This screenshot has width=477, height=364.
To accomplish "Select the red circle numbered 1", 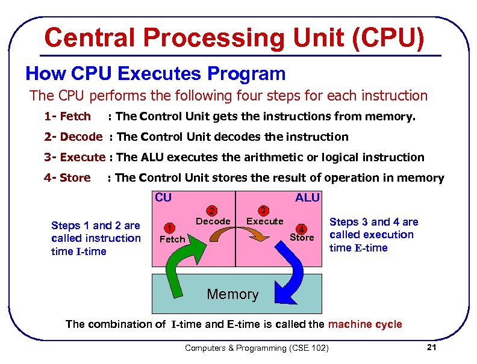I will click(170, 228).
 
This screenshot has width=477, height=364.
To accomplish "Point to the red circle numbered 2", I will click(211, 211).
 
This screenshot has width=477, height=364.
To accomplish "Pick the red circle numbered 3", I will click(263, 211).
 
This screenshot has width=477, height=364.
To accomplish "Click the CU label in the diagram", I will click(163, 197).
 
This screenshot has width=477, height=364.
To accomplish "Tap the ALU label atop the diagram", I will click(307, 198).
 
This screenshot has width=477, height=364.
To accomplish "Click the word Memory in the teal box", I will click(232, 294).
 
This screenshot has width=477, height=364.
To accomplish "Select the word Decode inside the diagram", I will click(213, 221).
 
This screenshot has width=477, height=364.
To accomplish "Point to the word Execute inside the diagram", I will click(265, 221).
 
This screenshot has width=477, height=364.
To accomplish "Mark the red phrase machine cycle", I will click(365, 324).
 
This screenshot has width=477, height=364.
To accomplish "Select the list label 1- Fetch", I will click(67, 116).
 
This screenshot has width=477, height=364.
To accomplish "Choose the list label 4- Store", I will click(67, 177).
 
